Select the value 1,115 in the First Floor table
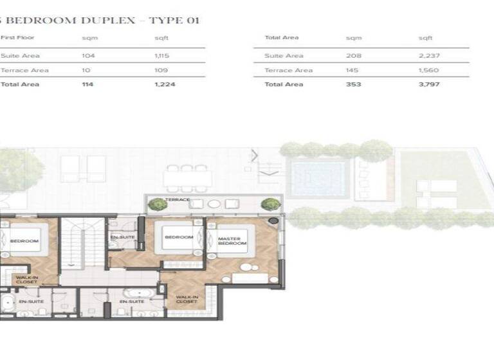click(x=163, y=56)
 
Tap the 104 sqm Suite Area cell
click(x=88, y=56)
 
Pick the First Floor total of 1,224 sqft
click(x=165, y=84)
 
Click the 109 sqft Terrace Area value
click(x=161, y=70)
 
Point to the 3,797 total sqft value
click(x=429, y=84)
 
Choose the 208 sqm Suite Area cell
click(x=353, y=56)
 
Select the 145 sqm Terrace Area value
click(x=353, y=70)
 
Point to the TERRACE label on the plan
click(x=178, y=200)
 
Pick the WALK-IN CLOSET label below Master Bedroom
click(x=187, y=299)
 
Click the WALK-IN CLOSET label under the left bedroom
click(x=26, y=279)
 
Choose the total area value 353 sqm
click(x=353, y=84)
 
